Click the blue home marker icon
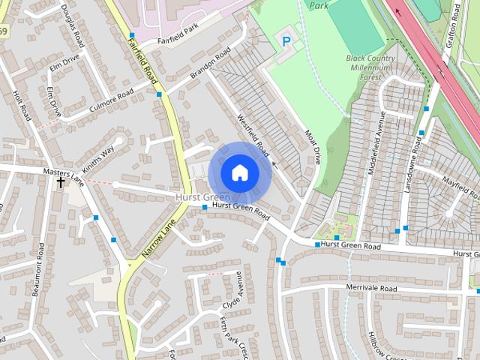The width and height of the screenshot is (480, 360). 239,172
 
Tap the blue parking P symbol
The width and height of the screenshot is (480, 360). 286,41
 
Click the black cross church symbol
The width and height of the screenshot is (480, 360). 61,182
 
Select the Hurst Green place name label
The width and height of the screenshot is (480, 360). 202,196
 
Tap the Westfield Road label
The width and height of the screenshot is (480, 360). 253,135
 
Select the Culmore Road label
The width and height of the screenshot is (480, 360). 111,100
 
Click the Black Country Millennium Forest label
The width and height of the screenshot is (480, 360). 369,67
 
